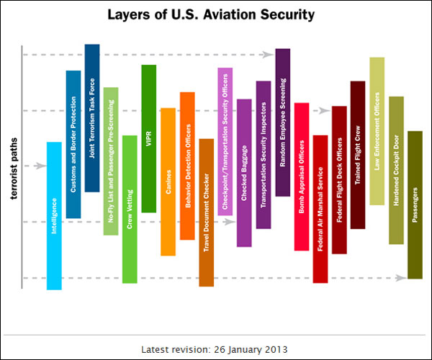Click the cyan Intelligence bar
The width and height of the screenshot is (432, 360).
54,216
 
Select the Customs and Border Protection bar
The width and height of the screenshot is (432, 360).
73,144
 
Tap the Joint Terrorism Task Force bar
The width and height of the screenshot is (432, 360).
92,118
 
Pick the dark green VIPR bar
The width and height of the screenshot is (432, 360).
149,138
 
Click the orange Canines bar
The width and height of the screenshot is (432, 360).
168,181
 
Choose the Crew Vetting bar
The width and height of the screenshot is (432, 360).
130,210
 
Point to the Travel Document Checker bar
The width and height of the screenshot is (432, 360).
207,212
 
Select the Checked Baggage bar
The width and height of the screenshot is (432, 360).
244,173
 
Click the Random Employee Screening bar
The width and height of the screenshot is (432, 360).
283,122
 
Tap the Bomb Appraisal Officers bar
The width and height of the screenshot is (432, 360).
302,177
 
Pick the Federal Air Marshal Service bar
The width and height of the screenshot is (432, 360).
320,209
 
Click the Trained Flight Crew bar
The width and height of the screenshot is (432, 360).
358,155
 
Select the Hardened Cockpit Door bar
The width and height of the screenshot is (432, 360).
397,170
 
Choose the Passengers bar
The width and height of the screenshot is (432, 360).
415,205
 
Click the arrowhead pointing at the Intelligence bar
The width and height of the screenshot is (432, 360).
41,166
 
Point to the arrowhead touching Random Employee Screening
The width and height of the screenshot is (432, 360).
268,55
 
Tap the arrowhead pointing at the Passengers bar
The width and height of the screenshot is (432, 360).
401,278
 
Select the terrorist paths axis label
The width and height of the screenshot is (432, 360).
14,168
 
